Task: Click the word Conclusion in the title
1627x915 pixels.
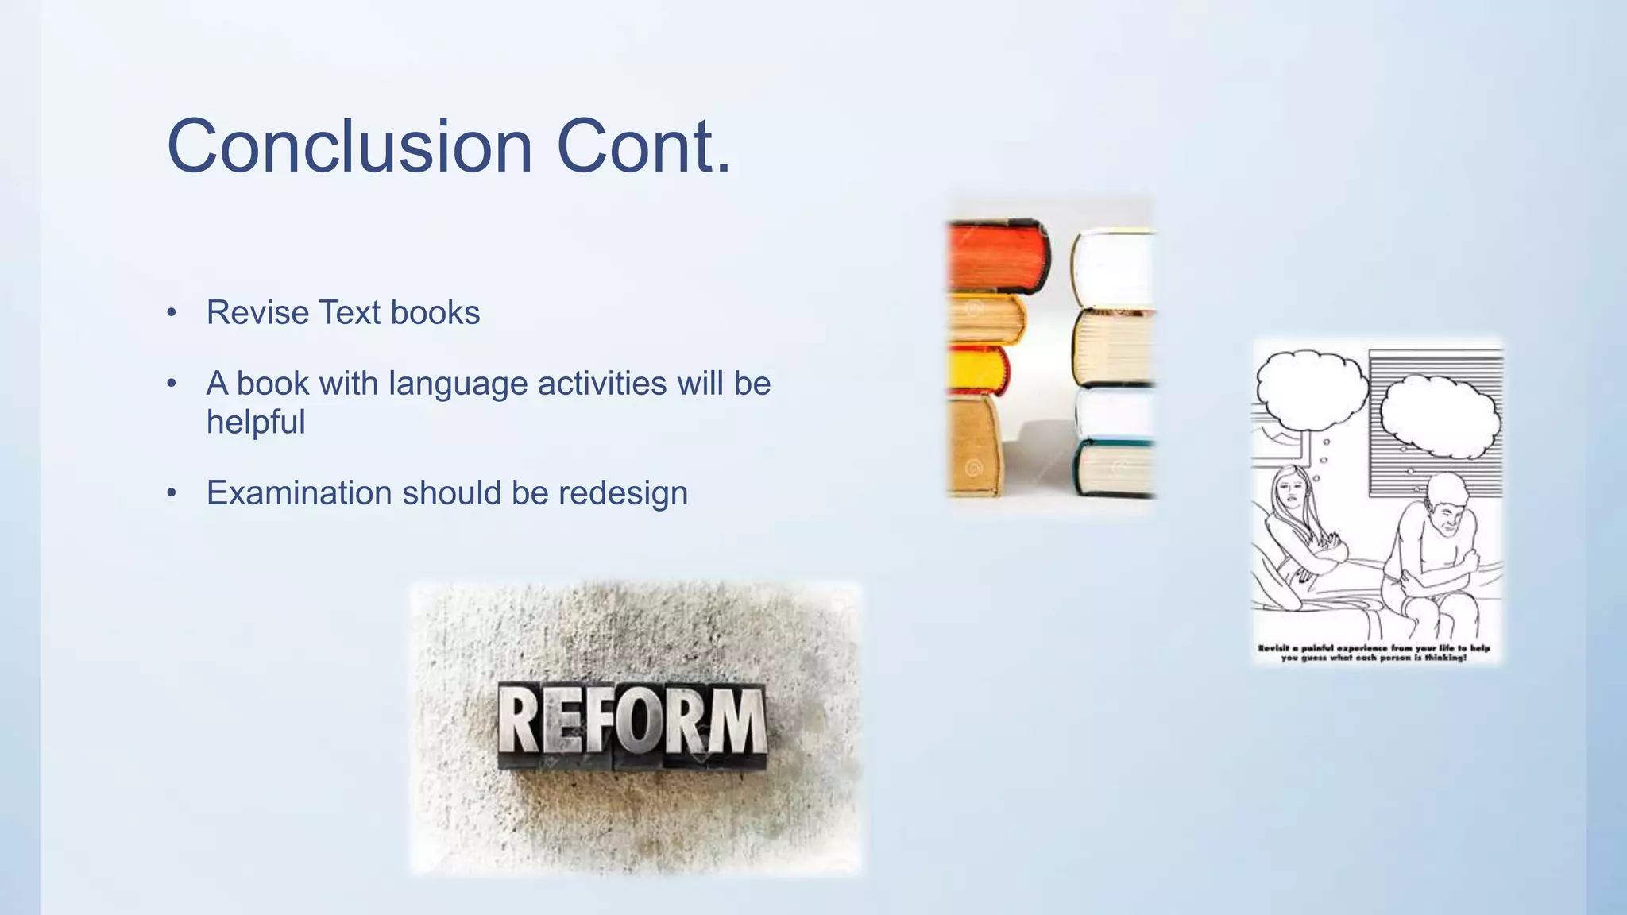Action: [x=350, y=147]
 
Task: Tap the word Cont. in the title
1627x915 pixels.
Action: [x=643, y=147]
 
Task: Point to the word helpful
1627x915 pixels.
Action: [x=256, y=423]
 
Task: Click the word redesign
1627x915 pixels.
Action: [x=623, y=494]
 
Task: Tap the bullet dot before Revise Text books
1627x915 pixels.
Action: [x=172, y=313]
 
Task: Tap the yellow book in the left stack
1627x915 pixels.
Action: [x=977, y=370]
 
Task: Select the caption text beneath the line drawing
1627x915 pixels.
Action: [x=1374, y=653]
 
